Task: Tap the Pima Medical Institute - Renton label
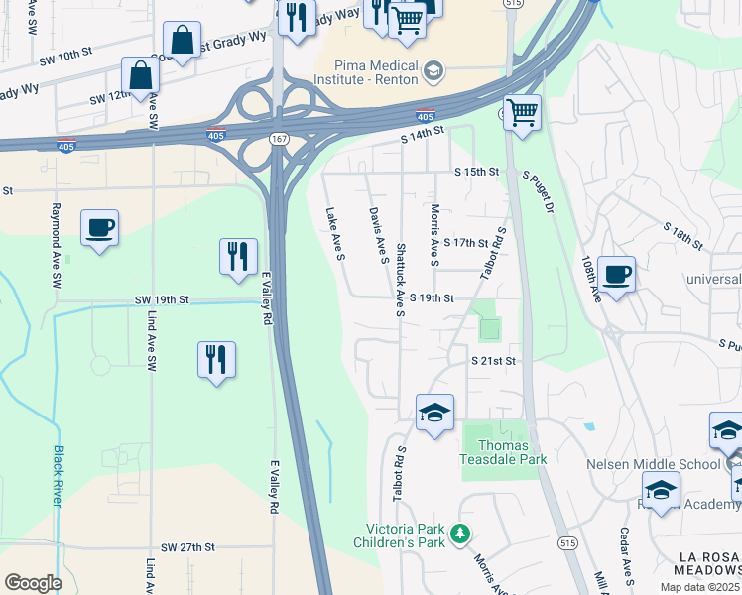[x=366, y=69]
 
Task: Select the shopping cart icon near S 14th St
[x=522, y=112]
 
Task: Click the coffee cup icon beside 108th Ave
[x=616, y=274]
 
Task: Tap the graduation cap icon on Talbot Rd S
[x=434, y=413]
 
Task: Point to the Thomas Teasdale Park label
[x=504, y=452]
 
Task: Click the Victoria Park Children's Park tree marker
[x=459, y=535]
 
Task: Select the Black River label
[x=57, y=476]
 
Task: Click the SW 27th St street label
[x=187, y=547]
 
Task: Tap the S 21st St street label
[x=494, y=361]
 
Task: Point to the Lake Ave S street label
[x=334, y=234]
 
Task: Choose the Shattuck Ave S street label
[x=399, y=280]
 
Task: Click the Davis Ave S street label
[x=376, y=235]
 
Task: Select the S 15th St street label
[x=475, y=172]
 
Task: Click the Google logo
[x=33, y=583]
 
